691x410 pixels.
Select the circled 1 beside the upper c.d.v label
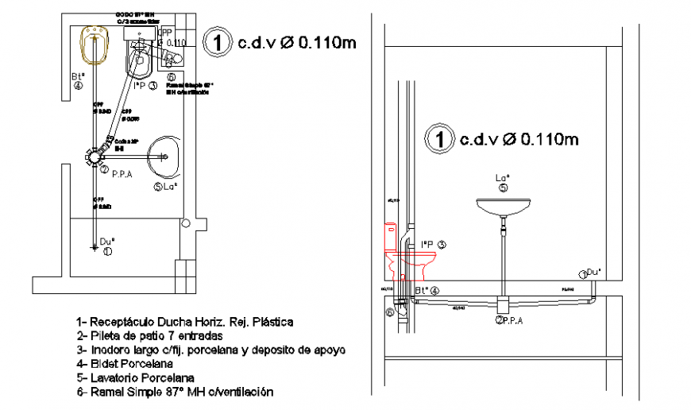[217, 42]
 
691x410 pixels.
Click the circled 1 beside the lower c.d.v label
[438, 138]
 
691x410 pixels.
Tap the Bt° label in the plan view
[78, 77]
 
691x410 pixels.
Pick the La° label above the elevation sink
[502, 177]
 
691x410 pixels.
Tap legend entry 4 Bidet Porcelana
[127, 364]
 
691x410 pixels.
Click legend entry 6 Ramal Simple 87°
[175, 392]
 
